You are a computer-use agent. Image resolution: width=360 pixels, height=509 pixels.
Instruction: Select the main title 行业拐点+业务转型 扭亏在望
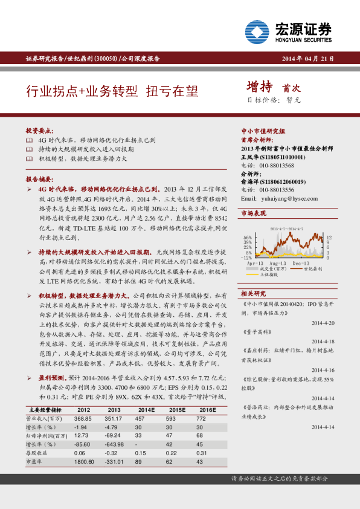(x=112, y=91)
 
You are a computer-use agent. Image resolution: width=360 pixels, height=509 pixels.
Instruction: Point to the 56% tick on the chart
(x=247, y=238)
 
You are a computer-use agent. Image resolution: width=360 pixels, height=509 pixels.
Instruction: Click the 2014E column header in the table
(x=141, y=409)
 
